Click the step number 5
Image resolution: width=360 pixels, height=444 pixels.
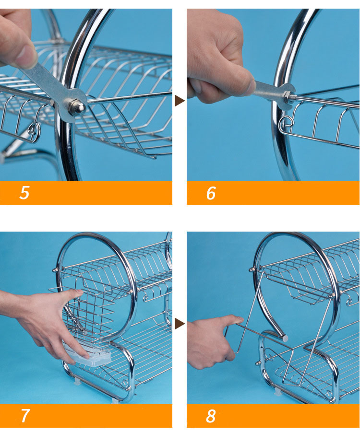point(24,193)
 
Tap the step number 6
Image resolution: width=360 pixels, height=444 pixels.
point(211,193)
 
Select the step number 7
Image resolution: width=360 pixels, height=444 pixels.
point(25,416)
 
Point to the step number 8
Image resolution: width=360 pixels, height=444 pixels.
point(211,416)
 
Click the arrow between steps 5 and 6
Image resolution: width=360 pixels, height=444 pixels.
point(180,101)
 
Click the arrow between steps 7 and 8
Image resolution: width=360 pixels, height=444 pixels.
point(180,324)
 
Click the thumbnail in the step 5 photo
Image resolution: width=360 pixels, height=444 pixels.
point(26,57)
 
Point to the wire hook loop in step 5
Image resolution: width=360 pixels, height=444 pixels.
point(34,132)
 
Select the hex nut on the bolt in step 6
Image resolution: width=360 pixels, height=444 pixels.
point(288,95)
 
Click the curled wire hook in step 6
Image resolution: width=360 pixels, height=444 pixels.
point(285,123)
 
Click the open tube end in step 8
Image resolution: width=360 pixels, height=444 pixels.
point(285,338)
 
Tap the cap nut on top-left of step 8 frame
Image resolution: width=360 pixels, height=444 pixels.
point(252,269)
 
